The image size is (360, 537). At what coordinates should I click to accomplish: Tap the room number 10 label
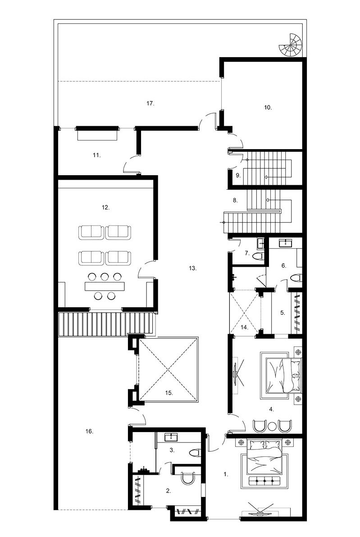coord(268,107)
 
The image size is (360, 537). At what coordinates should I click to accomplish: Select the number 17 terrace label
coord(150,103)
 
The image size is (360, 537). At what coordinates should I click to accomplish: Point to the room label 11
coord(96,155)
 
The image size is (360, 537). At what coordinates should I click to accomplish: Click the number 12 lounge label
coord(105,207)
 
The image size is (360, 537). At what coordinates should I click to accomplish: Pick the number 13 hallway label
coord(192,268)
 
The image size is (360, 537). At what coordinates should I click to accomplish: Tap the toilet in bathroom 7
coord(258,256)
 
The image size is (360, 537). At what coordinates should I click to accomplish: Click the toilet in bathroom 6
coord(296,278)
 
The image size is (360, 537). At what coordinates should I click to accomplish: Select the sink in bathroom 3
coord(171,437)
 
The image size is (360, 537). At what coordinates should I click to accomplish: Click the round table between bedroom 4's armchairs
coord(272,426)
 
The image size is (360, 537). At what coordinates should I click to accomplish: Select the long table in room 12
coord(105,286)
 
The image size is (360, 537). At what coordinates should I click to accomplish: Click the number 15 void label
coord(169,393)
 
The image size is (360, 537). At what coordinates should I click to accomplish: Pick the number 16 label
coord(89,432)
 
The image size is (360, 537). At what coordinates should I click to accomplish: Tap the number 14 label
coord(244,328)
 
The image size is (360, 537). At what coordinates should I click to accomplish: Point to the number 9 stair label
coord(238,175)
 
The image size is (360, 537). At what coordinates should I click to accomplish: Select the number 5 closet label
coord(283,312)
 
